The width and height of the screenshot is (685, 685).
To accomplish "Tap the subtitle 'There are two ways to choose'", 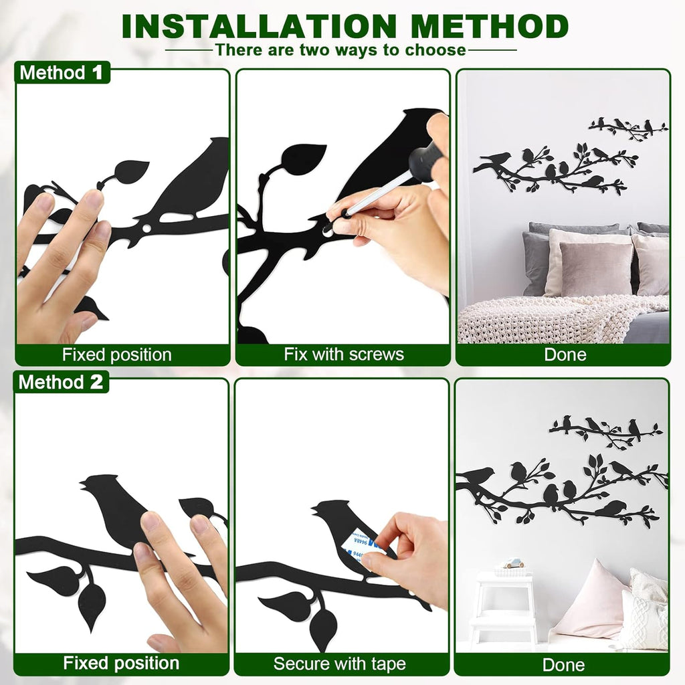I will point(340,50).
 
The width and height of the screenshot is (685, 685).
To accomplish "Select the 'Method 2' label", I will point(61,382).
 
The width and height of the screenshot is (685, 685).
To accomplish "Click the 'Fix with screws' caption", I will point(343,355).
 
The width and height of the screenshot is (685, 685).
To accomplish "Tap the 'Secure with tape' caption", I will point(339,664).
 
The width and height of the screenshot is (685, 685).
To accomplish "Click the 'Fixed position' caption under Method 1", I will point(117,355).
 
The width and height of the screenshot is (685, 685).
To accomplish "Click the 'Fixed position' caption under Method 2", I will point(121,664).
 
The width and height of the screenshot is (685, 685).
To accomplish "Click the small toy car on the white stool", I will point(513,563).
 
